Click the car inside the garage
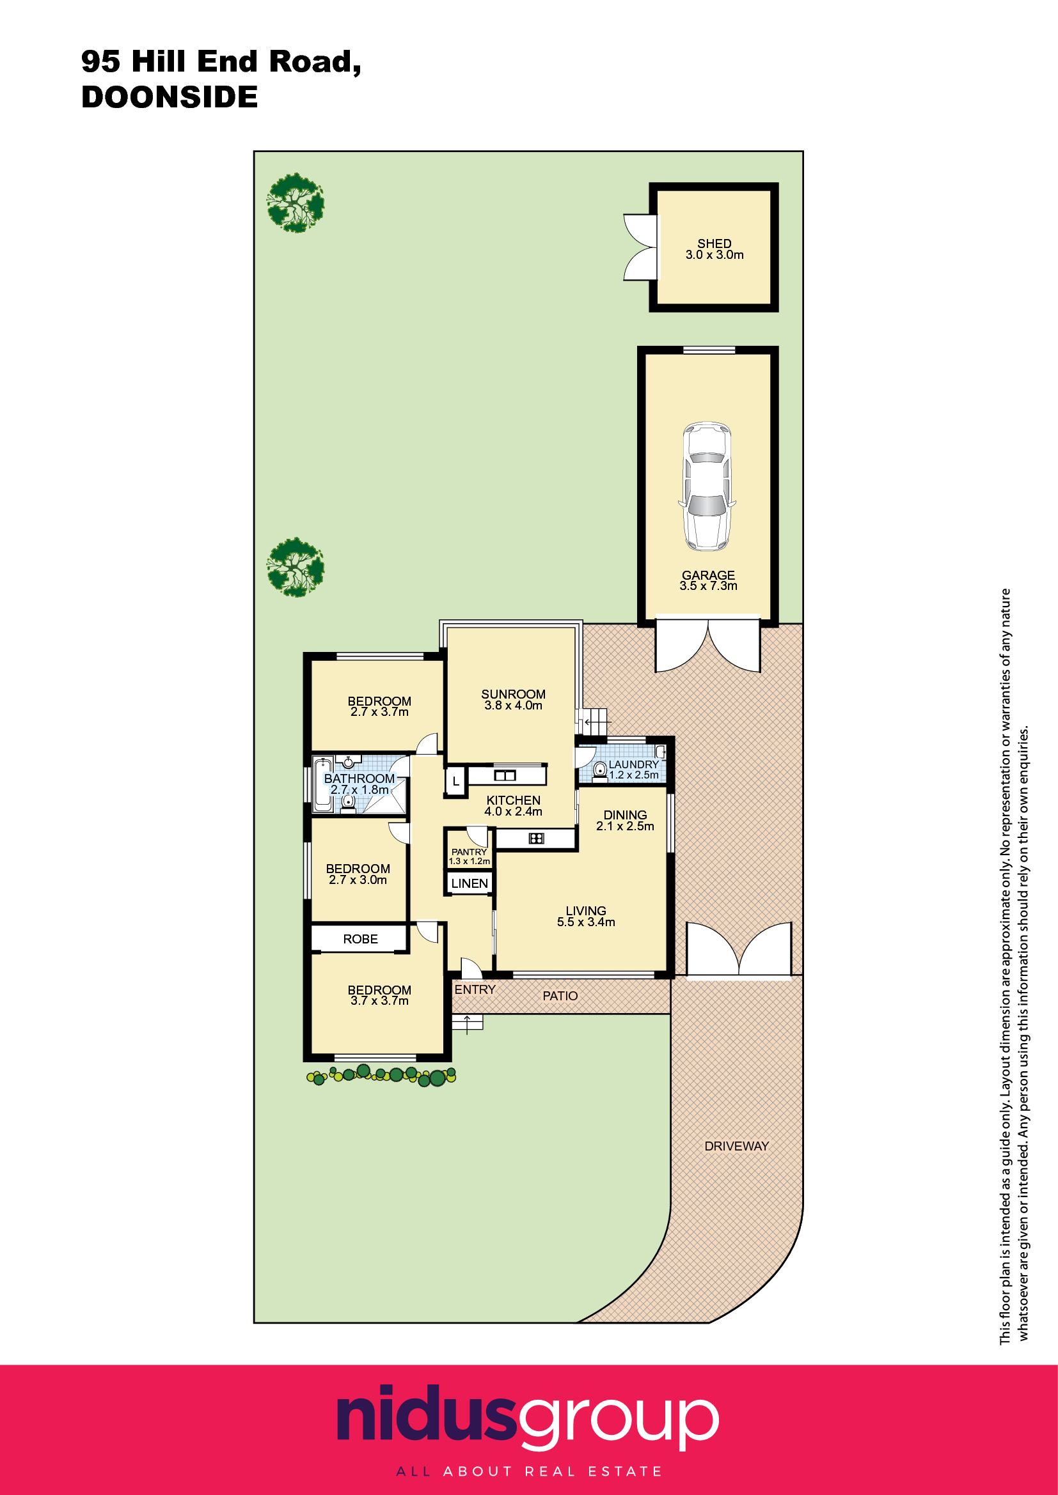click(707, 486)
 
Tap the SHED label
click(714, 243)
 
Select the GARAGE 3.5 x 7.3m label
click(708, 580)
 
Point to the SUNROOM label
click(514, 694)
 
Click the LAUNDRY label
click(634, 764)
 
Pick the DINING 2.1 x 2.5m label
click(625, 820)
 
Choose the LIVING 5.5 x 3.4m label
click(586, 916)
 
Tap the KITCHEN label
click(514, 800)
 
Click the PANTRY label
click(469, 851)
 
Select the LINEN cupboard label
click(469, 883)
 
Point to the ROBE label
click(360, 939)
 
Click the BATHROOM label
click(359, 778)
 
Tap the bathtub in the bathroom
click(323, 784)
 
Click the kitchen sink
click(505, 775)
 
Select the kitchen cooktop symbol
click(536, 838)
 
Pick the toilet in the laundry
click(600, 771)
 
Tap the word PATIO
click(560, 996)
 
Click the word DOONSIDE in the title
click(170, 97)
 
